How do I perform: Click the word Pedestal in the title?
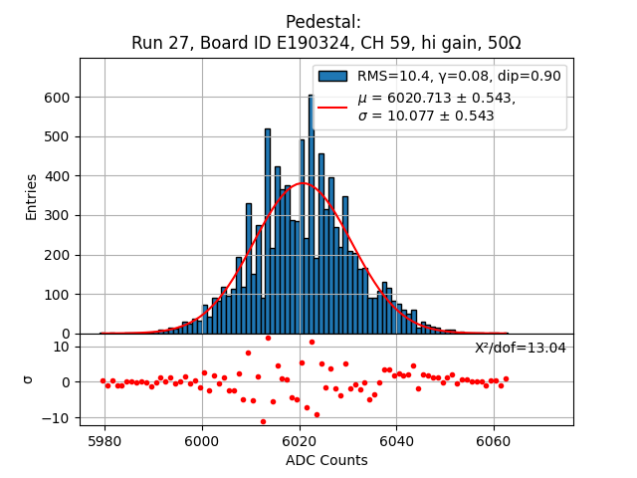point(322,22)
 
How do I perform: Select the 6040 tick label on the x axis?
point(396,439)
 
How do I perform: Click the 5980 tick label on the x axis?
point(105,439)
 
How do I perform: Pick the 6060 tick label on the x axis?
point(493,439)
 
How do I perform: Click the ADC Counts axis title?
point(325,460)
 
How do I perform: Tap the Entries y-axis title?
point(32,196)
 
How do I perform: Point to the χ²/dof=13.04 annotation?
point(520,348)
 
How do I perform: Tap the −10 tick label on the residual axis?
point(58,418)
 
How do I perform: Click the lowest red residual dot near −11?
point(263,421)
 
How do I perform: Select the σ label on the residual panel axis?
point(28,379)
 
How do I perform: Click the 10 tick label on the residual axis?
point(61,347)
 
